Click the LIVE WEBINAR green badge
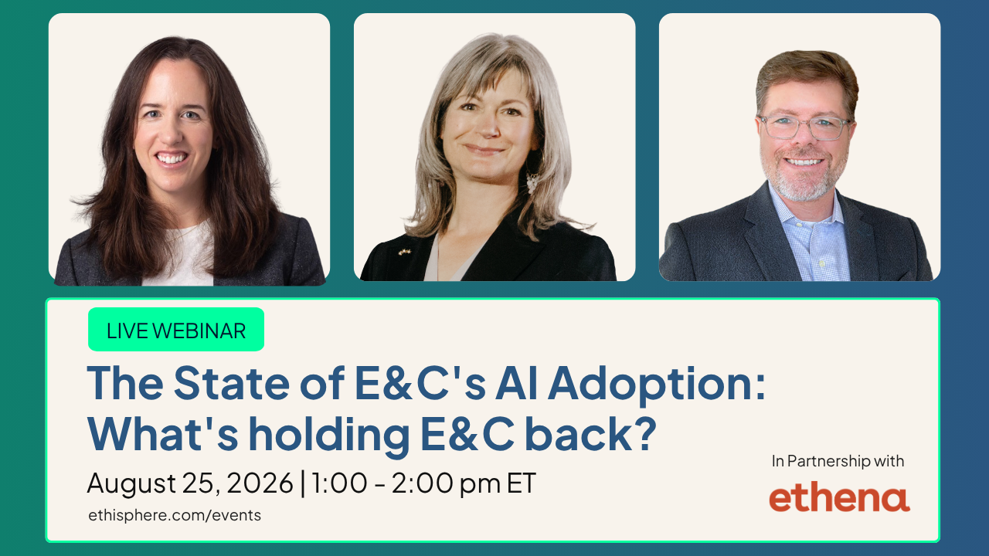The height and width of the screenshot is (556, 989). [176, 329]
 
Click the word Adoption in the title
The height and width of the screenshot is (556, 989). [657, 384]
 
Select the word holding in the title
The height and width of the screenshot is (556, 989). [329, 435]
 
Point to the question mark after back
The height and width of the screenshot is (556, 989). [644, 432]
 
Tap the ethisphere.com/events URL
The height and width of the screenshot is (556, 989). [175, 515]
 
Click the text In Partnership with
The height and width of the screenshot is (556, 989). [838, 461]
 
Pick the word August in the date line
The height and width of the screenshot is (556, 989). [131, 484]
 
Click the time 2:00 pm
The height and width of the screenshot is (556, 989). [446, 484]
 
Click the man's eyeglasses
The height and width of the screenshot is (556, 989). [804, 127]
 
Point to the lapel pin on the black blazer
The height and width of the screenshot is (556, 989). [404, 252]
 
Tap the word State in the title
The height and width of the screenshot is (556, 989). [231, 382]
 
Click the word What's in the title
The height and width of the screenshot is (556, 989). [163, 434]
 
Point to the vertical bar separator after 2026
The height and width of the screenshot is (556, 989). [302, 484]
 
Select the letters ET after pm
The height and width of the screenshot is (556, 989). [522, 483]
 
